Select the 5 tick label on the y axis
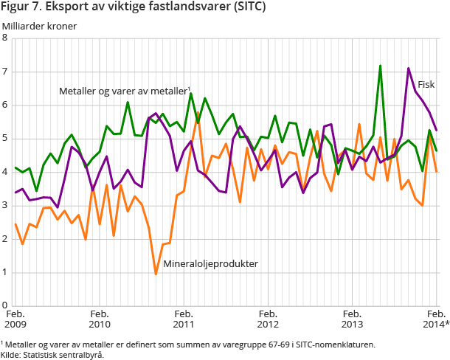5,139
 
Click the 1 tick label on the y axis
5,272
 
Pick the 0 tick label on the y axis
5,305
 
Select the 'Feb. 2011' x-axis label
183,318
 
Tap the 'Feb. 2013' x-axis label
352,318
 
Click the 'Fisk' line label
426,84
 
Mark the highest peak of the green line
380,66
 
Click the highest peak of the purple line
409,69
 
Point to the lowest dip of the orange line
156,274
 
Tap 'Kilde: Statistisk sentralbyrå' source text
52,354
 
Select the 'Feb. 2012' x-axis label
268,318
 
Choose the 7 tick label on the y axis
5,72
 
